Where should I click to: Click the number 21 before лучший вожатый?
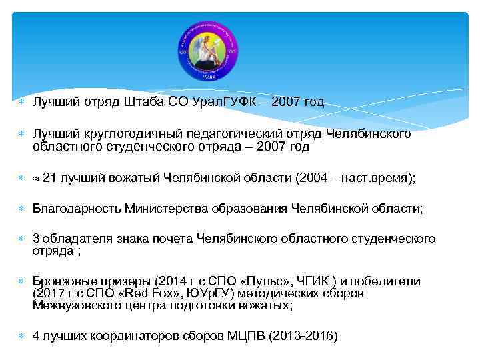click(x=49, y=177)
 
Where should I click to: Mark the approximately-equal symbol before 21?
click(x=36, y=178)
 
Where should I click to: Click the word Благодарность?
click(x=77, y=208)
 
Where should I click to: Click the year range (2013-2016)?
click(x=303, y=336)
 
